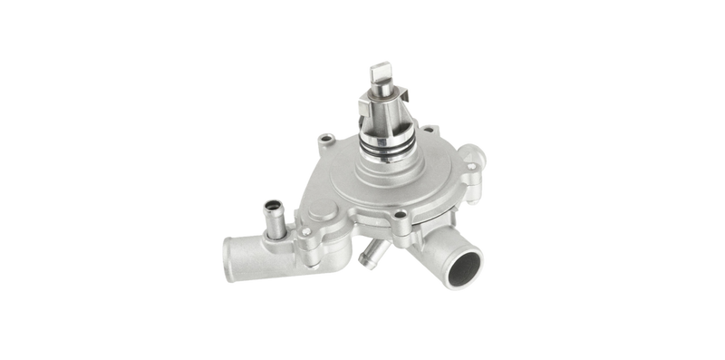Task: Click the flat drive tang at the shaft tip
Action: [379, 73]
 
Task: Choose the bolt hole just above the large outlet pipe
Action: [400, 217]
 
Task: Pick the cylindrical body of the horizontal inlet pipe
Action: [258, 258]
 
